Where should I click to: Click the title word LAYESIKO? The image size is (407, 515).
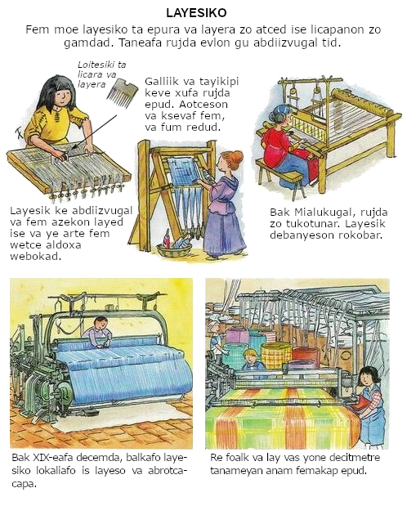[x=196, y=13]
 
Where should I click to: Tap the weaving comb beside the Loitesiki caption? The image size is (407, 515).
[x=122, y=92]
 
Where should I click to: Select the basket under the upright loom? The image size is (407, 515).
[x=174, y=249]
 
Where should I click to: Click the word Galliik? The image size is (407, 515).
[x=161, y=81]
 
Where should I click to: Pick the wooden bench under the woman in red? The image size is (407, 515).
[x=279, y=176]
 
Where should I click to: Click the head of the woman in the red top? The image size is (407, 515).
[x=280, y=115]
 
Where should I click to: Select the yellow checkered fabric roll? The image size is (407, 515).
[x=276, y=356]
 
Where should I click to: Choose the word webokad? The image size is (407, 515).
[x=35, y=257]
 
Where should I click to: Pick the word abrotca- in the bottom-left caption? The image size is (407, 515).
[x=168, y=471]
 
